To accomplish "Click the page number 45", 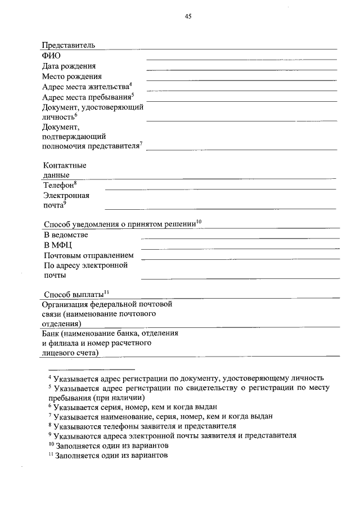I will click(x=188, y=17).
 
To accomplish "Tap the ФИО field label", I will click(x=51, y=56).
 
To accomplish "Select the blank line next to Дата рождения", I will click(x=241, y=69).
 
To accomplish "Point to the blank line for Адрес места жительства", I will click(x=241, y=90).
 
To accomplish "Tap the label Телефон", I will click(x=58, y=185).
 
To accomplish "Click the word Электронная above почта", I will click(x=66, y=195).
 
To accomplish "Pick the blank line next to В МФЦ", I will click(x=240, y=248).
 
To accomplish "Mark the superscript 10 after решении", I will click(x=199, y=223).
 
